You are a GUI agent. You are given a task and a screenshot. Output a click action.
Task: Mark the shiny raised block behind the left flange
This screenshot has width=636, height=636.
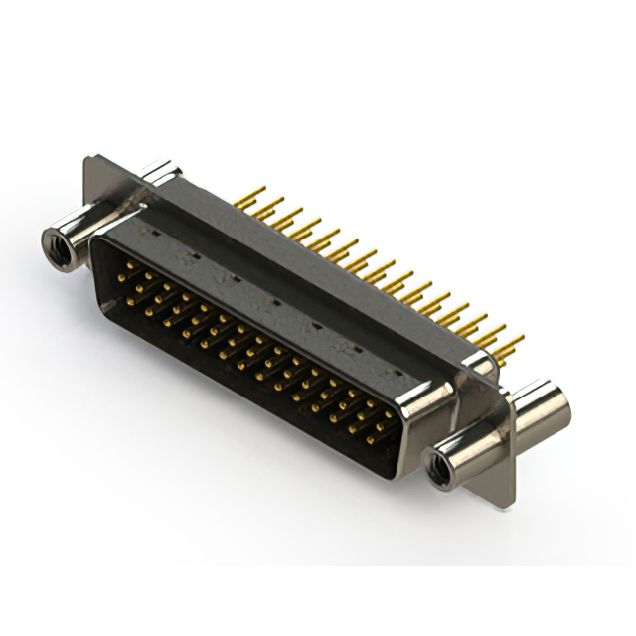[159, 174]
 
